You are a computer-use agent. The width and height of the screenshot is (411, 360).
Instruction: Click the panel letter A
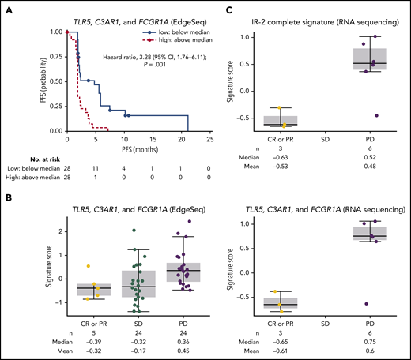pos(5,6)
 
